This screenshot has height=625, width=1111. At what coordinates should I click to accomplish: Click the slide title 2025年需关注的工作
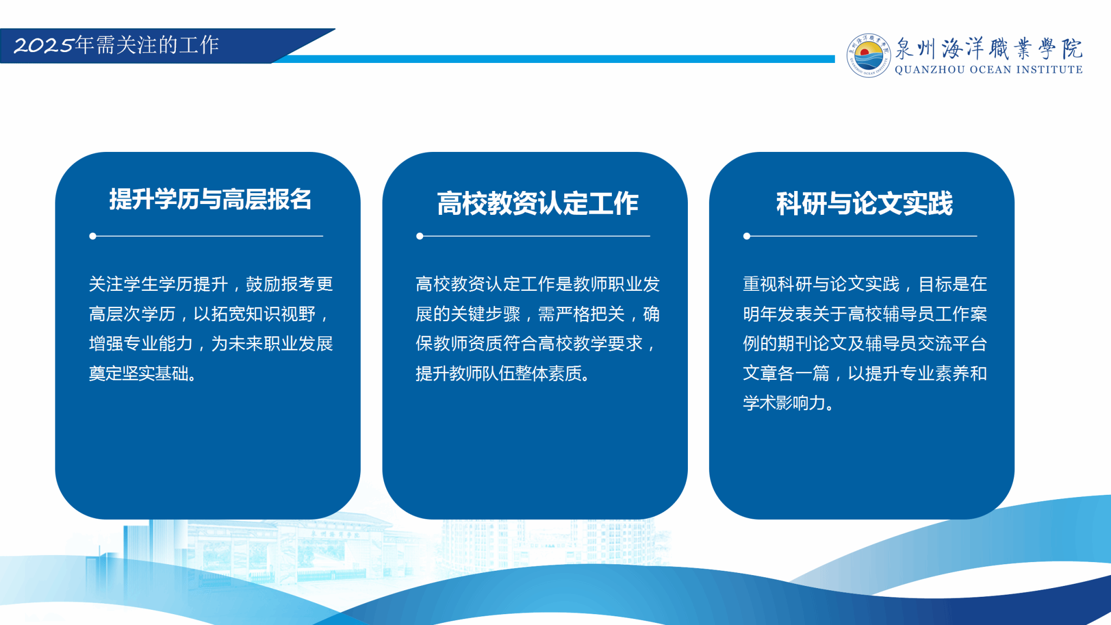coord(116,45)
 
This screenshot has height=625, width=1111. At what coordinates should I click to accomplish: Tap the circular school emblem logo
coord(869,55)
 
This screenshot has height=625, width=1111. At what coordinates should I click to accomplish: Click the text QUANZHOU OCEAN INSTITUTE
coord(988,69)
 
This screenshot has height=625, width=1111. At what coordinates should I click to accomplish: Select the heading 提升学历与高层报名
coord(210,199)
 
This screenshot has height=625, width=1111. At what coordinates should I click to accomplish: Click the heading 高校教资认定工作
coord(538,203)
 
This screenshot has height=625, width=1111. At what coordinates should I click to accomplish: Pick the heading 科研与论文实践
coord(864,203)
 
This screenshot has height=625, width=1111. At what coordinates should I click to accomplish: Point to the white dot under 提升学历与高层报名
coord(93,236)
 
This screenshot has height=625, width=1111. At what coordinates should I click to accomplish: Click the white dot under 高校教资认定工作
coord(419,236)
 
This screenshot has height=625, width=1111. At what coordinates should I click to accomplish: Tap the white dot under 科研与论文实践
coord(747,236)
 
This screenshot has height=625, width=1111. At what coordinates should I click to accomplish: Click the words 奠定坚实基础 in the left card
coord(138,373)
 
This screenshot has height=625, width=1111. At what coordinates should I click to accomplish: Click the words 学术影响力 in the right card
coord(784,403)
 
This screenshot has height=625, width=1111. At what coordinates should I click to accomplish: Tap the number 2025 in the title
coord(43,46)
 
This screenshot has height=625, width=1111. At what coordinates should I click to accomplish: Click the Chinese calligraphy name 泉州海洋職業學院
coord(988,48)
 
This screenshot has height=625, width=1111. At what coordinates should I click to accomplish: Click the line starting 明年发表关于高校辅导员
coord(865,314)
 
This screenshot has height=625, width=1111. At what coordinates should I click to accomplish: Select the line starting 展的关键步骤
coord(538,314)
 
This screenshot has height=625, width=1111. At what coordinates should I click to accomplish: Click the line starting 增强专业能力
coord(211,343)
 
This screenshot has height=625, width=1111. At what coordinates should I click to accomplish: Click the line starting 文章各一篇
coord(865,373)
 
